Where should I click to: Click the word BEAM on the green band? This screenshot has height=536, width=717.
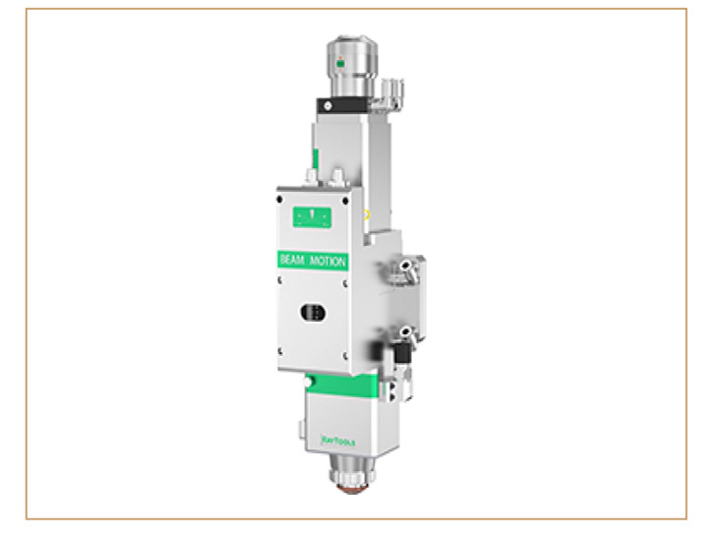(x=294, y=261)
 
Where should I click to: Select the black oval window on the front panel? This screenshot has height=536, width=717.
(x=311, y=311)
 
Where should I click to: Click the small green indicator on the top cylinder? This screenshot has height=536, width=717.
(x=340, y=64)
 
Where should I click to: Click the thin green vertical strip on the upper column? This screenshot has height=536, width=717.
(x=315, y=158)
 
